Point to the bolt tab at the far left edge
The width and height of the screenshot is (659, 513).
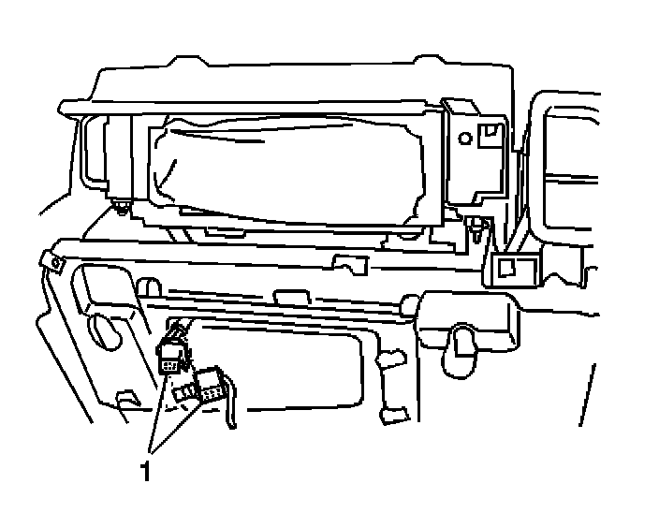(x=53, y=262)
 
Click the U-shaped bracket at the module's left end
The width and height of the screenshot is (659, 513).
(x=93, y=154)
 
